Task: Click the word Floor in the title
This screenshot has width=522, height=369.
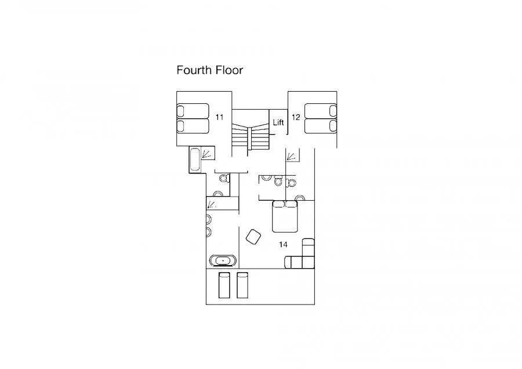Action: [229, 70]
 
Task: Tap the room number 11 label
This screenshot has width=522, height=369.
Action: [219, 117]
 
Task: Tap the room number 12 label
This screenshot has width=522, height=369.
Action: [296, 117]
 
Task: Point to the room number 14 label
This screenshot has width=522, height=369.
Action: [283, 244]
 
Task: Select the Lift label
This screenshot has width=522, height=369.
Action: [278, 122]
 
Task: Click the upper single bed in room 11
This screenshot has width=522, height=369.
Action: [193, 111]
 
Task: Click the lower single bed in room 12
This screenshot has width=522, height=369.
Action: [321, 126]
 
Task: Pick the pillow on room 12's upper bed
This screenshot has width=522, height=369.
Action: [333, 111]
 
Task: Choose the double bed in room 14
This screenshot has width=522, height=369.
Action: [285, 216]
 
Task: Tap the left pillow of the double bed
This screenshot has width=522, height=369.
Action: [278, 204]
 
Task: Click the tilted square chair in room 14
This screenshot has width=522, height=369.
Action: [253, 237]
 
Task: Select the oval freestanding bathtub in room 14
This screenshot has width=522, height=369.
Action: [223, 261]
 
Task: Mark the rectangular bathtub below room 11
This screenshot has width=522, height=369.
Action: [195, 160]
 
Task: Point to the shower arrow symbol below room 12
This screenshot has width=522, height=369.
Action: [291, 156]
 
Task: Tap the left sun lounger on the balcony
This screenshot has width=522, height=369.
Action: [224, 285]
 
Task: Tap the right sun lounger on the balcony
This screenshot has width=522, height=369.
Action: [242, 285]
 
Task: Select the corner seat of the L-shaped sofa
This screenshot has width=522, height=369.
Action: [308, 262]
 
